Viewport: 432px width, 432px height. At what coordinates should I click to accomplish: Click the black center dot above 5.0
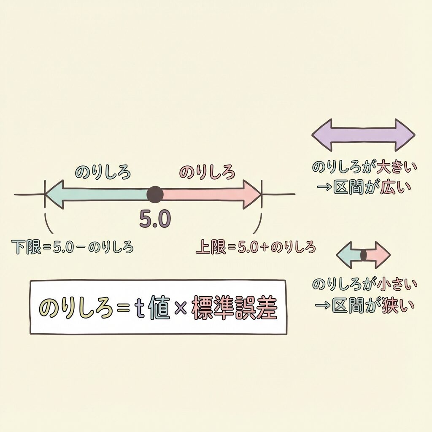(x=155, y=194)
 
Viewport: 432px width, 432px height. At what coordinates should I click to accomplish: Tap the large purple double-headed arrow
(x=363, y=135)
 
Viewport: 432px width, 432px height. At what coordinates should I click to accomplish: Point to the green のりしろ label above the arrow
(x=103, y=172)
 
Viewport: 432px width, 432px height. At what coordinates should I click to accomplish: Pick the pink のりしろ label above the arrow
(x=207, y=172)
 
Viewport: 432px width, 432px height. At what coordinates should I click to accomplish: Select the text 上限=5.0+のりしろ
(x=256, y=247)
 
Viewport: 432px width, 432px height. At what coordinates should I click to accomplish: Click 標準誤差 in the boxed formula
(x=235, y=309)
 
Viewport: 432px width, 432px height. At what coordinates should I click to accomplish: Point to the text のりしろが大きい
(x=364, y=167)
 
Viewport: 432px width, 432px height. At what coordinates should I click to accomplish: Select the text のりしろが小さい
(x=364, y=284)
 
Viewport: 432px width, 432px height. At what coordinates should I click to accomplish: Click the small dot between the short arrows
(x=363, y=255)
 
